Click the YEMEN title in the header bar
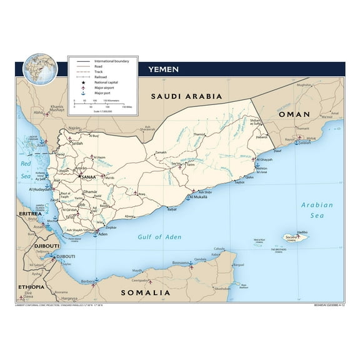[164, 69]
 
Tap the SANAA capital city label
[88, 177]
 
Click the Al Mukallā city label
[199, 197]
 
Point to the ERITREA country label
[30, 214]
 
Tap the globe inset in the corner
[36, 69]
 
